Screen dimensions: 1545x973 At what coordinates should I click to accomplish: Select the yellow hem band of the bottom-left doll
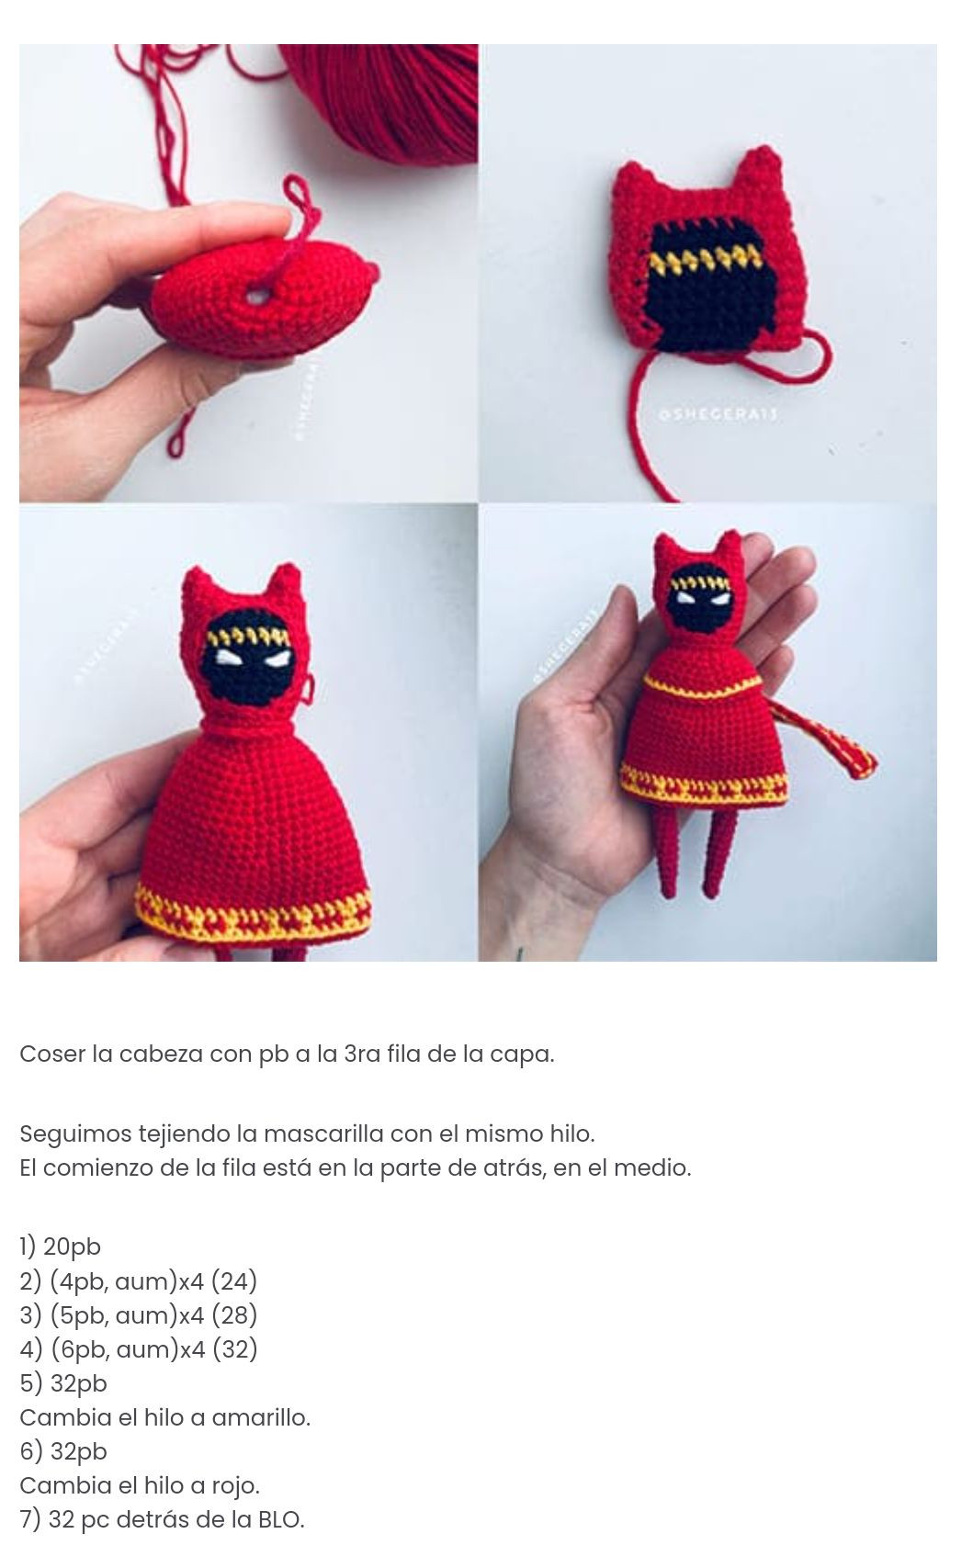coord(253,912)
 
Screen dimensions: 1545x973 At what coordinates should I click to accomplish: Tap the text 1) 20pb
coord(60,1246)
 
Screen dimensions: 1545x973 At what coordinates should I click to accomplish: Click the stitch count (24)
coord(234,1280)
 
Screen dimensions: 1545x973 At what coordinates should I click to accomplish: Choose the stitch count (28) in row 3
coord(234,1314)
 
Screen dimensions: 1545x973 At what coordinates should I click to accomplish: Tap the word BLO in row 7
coord(278,1519)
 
